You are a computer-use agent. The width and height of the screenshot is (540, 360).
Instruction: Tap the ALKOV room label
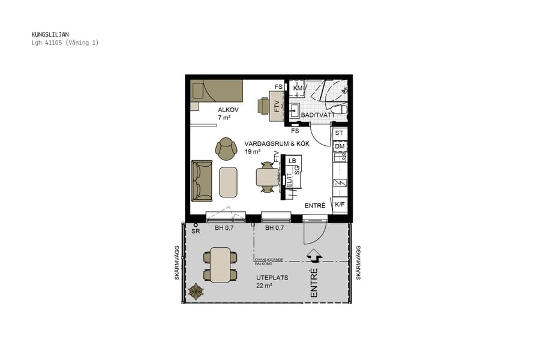click(228, 110)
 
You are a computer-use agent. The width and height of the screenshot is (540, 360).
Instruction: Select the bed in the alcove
click(217, 91)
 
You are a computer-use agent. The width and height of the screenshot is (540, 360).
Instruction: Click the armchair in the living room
click(226, 149)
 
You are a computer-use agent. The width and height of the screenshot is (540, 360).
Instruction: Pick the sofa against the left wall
click(202, 180)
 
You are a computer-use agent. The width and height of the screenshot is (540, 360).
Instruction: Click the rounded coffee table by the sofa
click(229, 182)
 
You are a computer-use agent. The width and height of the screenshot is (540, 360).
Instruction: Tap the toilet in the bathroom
click(339, 109)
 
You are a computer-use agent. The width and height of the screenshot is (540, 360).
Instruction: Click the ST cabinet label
click(340, 133)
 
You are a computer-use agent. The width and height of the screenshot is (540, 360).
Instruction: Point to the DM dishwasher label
click(340, 146)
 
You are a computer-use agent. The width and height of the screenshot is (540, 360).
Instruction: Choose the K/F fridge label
click(340, 205)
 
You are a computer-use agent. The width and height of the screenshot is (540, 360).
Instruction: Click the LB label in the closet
click(292, 161)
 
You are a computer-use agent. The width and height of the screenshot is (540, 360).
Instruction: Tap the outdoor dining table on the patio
click(220, 265)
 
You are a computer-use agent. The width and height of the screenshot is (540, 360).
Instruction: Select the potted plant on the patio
click(196, 292)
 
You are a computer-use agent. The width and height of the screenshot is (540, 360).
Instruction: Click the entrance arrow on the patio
click(314, 256)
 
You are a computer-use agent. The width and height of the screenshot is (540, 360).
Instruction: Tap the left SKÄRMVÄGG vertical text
click(178, 262)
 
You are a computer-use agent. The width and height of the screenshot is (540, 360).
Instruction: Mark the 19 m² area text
click(251, 152)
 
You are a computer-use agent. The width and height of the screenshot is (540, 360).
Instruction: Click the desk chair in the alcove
click(264, 106)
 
